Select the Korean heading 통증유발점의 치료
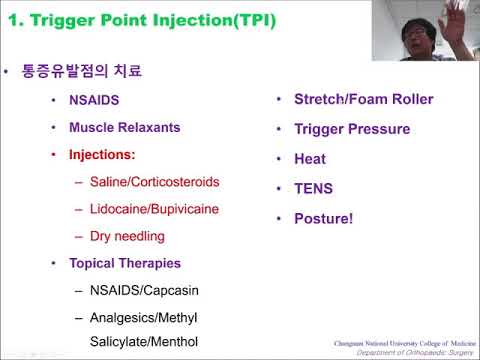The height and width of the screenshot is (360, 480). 82,72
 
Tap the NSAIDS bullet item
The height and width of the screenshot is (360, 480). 94,101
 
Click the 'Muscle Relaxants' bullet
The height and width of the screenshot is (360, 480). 124,128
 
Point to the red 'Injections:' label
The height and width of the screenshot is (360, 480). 101,155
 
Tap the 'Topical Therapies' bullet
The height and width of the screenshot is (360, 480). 125,263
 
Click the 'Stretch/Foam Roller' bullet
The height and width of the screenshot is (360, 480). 363,99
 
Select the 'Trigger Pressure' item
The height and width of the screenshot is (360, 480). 351,129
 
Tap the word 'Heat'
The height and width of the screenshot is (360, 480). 310,158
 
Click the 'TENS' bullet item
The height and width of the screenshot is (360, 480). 313,188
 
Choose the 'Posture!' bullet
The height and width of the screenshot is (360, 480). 323,217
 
